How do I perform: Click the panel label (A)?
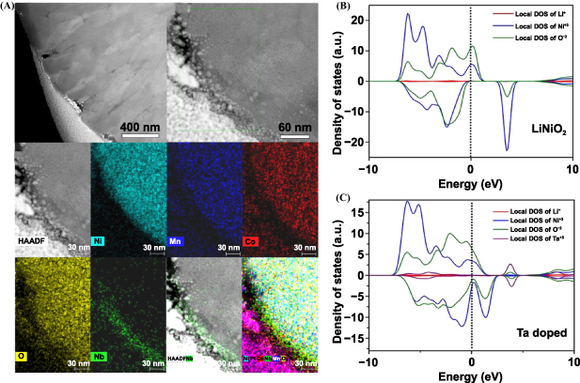click(x=9, y=8)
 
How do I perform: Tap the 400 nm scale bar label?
click(x=142, y=127)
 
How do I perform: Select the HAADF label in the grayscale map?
click(x=34, y=241)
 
